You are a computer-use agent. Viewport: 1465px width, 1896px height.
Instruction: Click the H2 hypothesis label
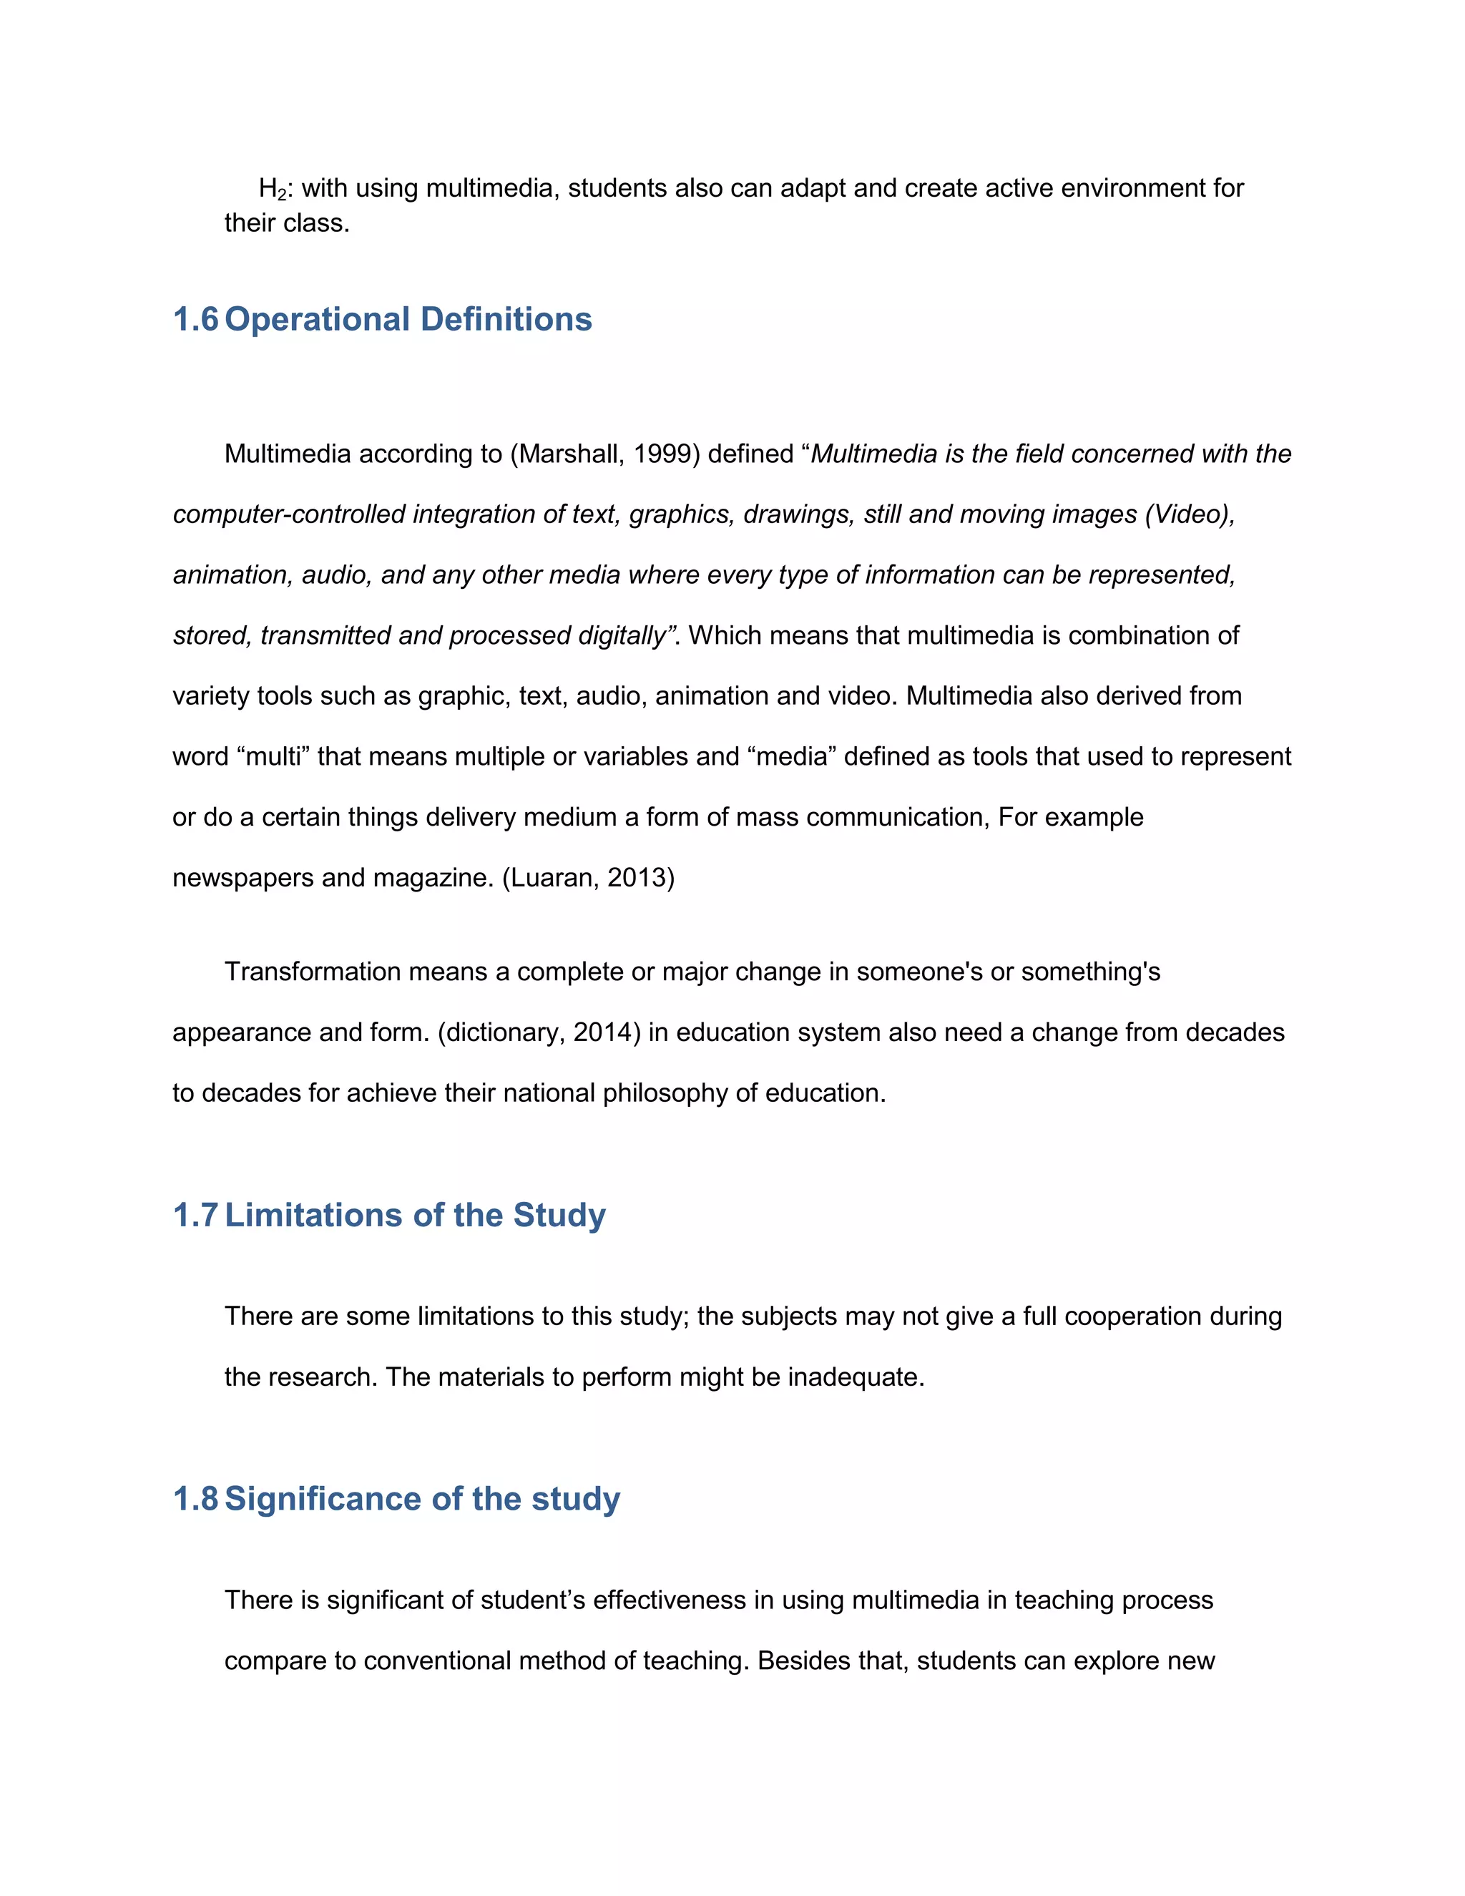pyautogui.click(x=272, y=190)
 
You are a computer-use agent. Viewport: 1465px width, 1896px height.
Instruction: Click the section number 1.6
pyautogui.click(x=195, y=320)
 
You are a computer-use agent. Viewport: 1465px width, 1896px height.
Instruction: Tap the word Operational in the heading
pyautogui.click(x=317, y=320)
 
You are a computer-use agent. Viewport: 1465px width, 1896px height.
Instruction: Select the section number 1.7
pyautogui.click(x=195, y=1216)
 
